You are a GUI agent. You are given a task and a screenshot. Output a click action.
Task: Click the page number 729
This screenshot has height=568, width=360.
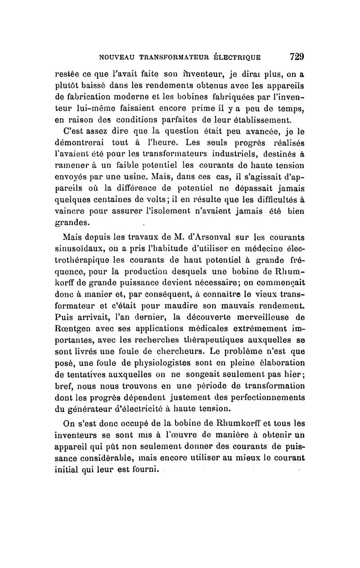click(297, 57)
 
